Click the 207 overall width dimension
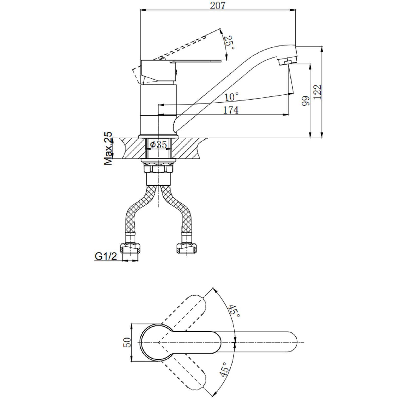(x=218, y=5)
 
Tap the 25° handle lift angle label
(x=229, y=42)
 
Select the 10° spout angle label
(x=232, y=97)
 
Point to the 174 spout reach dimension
(x=231, y=110)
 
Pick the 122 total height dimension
(x=317, y=92)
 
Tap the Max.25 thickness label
(x=108, y=148)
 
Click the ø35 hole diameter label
(x=158, y=145)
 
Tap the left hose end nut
(x=131, y=249)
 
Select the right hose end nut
(x=187, y=249)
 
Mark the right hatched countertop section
(x=189, y=149)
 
